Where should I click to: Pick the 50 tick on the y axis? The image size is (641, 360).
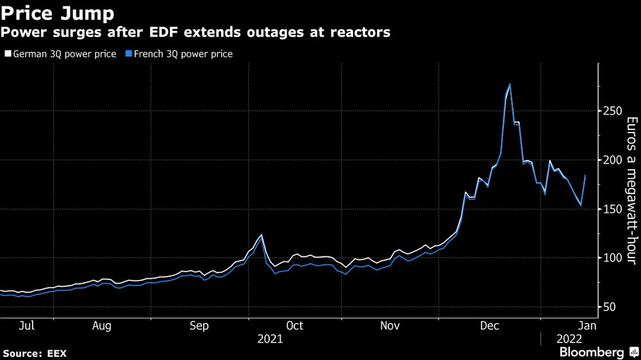[608, 307]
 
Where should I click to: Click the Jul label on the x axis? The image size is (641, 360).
[26, 326]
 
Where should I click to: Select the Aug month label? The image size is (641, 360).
[101, 326]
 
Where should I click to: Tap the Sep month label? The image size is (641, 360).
[199, 326]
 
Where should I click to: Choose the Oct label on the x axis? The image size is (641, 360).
[294, 326]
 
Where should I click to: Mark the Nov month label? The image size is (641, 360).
[390, 326]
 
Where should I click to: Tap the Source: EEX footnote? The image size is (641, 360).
[35, 353]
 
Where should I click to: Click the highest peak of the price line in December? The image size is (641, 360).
[510, 84]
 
